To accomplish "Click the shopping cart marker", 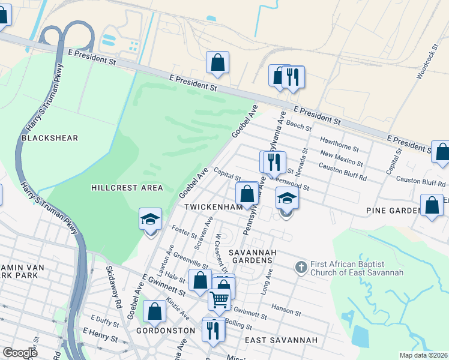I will pos(219,299).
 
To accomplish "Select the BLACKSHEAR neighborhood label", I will pos(50,138).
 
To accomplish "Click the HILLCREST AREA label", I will pos(127,188).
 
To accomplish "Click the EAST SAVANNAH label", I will pos(282,340).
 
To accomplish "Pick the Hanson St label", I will pos(288,311).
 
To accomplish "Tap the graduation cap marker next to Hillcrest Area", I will pos(150,220).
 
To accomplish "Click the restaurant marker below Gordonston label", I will pos(213,329).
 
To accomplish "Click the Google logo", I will pos(20,352).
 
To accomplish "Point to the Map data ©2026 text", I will pos(423,355).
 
